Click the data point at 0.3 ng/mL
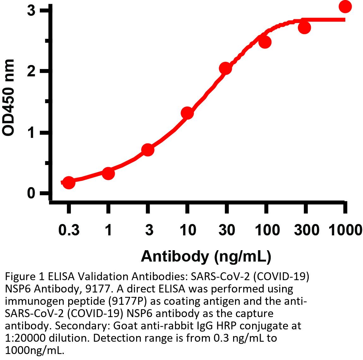pos(69,182)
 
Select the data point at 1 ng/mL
pos(108,173)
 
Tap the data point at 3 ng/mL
pos(148,150)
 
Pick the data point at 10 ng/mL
pos(187,113)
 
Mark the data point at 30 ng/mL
pos(226,68)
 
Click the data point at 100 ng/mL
pos(265,42)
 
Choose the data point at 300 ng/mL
pos(304,28)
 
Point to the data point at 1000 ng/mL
pos(345,7)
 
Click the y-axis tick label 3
pos(31,11)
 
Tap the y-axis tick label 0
pos(31,193)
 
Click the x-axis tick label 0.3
pos(69,230)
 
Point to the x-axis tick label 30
pos(227,230)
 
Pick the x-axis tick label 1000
pos(345,230)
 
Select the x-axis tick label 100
pos(267,230)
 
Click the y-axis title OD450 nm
pos(9,98)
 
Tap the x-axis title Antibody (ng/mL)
pos(206,256)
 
